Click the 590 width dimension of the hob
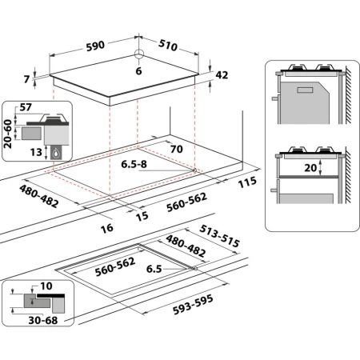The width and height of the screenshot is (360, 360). pyautogui.click(x=96, y=45)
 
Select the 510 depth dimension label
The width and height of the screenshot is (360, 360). pyautogui.click(x=167, y=46)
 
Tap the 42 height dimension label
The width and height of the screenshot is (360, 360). pyautogui.click(x=222, y=75)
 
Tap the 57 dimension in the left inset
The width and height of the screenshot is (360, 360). pyautogui.click(x=26, y=106)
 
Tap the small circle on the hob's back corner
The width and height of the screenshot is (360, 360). pyautogui.click(x=138, y=54)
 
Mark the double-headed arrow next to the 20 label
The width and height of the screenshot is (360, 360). pyautogui.click(x=319, y=169)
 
